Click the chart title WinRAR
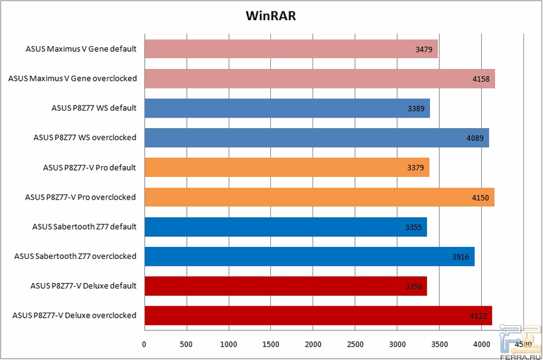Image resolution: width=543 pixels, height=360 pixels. pos(271,15)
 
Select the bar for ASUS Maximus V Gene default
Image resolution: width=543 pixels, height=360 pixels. pos(290,49)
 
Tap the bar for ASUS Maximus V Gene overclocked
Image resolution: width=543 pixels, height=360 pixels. pos(319,78)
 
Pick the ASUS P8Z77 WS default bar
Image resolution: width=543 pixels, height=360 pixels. pos(287,108)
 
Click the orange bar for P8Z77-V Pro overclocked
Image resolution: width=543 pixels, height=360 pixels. pos(319,197)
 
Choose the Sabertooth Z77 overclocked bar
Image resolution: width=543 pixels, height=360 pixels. pos(309,256)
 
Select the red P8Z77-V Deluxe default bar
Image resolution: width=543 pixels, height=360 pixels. pos(285,285)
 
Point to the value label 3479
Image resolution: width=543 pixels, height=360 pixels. pos(424,49)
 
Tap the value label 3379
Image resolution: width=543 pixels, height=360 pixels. pos(416,168)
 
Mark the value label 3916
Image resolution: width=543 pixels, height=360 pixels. pos(461,257)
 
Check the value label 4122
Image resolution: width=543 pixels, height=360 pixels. pos(479,316)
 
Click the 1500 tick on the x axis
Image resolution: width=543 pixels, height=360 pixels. pos(271,344)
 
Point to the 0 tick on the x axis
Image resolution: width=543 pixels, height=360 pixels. pos(144,344)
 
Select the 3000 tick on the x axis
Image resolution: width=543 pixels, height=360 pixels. pos(397,344)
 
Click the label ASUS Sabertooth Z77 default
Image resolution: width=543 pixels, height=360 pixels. pos(85,226)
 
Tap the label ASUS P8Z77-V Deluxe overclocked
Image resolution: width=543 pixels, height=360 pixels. pos(75,315)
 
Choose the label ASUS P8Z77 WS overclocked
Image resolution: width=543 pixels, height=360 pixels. pos(85,137)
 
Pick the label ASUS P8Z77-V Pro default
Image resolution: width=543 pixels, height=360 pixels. pos(90,167)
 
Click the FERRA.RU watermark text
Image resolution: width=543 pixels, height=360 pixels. pos(520,355)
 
